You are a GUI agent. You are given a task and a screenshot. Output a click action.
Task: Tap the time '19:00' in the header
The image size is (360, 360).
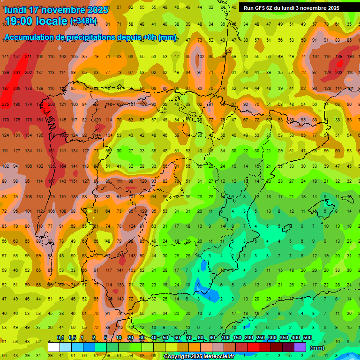20,21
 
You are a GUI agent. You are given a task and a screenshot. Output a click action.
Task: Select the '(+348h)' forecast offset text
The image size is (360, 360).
83,21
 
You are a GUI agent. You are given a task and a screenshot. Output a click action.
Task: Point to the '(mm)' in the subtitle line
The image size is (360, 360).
167,37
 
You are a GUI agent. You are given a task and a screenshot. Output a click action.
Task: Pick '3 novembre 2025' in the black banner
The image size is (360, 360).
316,8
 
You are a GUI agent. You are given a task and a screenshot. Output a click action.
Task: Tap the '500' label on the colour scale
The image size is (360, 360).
307,337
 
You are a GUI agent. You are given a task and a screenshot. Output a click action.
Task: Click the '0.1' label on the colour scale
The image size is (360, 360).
60,337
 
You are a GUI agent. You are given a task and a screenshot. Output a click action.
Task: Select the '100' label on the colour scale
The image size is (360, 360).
225,337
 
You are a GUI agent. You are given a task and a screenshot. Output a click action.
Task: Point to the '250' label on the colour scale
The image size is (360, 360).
260,337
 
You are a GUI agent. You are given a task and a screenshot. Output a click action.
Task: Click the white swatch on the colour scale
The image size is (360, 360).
53,347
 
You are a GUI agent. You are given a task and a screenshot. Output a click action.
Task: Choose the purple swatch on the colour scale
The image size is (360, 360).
300,347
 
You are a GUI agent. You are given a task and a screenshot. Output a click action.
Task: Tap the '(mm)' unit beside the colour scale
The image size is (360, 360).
317,348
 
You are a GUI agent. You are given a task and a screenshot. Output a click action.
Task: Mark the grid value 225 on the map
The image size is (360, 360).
6,104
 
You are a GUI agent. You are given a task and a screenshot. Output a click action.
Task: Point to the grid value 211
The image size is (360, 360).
28,57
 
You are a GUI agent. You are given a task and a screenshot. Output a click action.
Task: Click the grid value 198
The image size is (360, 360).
350,57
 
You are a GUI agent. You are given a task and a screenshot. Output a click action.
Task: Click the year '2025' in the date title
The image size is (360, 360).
97,10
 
